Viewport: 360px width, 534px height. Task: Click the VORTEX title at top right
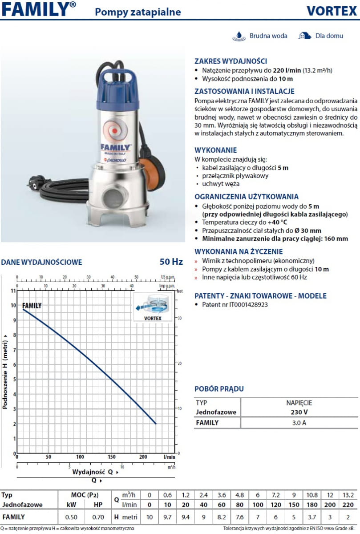332,12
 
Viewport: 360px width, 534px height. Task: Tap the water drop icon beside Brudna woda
239,36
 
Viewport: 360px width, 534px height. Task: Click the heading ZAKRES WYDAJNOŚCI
231,61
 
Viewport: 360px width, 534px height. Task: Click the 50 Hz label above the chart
171,262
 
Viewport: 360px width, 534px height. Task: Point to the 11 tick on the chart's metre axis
13,291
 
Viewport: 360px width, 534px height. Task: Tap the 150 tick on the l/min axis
112,457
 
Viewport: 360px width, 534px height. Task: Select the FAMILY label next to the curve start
32,306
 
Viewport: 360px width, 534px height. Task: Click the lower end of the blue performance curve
156,424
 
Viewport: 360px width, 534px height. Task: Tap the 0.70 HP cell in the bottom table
99,517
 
